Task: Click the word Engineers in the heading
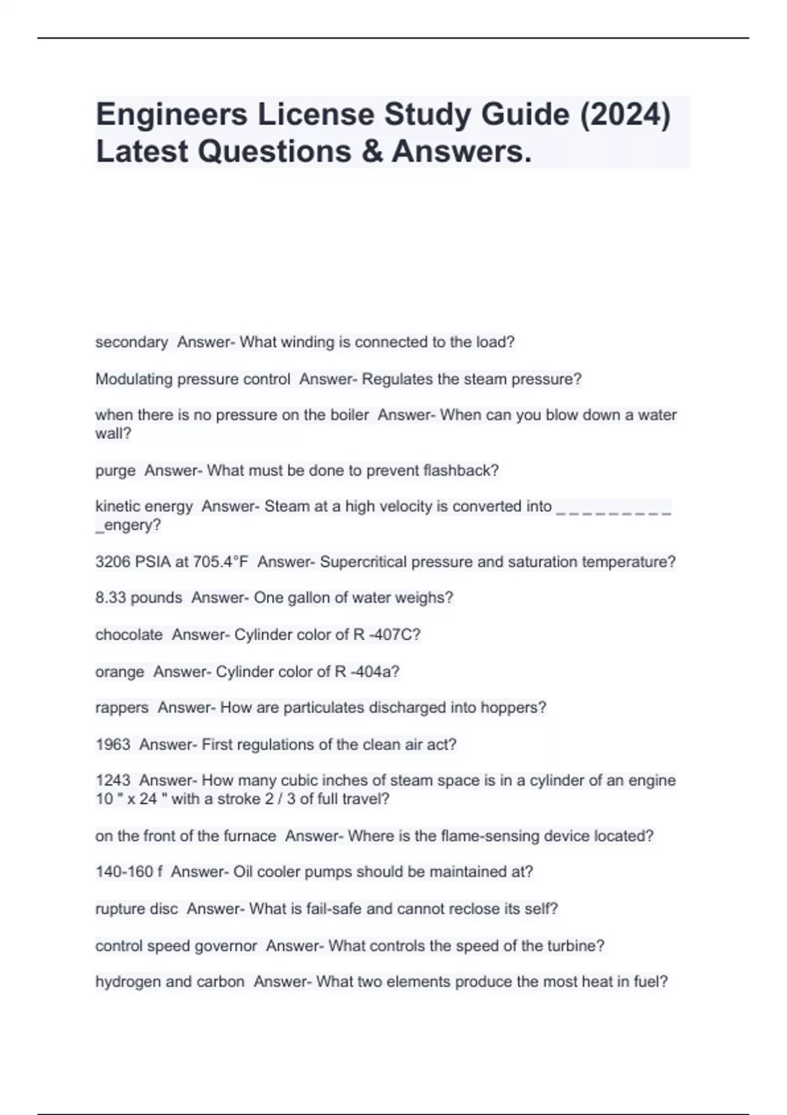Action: point(172,115)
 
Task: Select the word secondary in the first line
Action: point(131,342)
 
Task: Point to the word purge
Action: point(115,470)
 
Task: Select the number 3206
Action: point(113,562)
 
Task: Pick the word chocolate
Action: point(129,635)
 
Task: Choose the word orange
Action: point(119,672)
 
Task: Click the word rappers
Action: point(122,708)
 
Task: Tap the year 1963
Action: point(113,744)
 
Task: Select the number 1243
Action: point(113,780)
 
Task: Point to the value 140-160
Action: point(125,872)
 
